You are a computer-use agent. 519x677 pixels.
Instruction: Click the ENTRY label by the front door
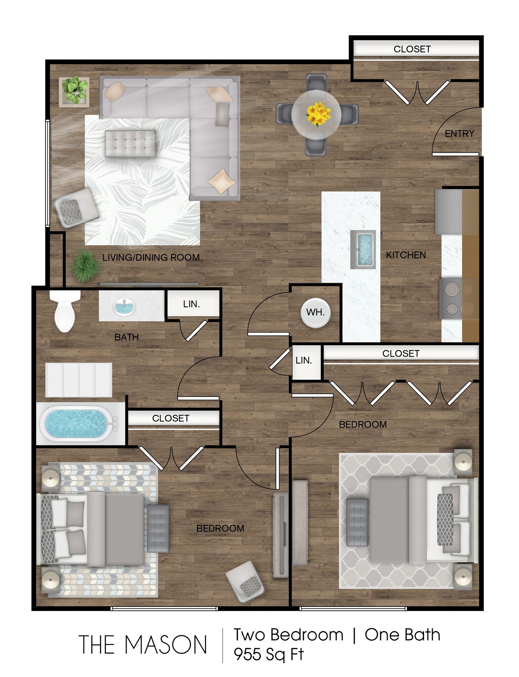tap(459, 134)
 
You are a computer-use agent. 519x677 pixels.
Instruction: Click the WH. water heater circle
tap(315, 312)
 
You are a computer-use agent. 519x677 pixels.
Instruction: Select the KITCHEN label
tap(406, 255)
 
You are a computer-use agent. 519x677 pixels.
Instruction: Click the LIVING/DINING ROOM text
tap(151, 258)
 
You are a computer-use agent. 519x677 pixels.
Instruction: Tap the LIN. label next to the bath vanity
tap(192, 304)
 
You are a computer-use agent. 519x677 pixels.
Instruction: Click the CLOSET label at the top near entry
tap(412, 49)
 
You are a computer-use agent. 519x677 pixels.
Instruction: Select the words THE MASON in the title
tap(143, 645)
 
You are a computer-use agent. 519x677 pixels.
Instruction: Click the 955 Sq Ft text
tap(269, 654)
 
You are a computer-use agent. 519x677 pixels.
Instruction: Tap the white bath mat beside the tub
tap(79, 380)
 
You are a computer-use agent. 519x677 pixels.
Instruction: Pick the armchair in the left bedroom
tap(246, 581)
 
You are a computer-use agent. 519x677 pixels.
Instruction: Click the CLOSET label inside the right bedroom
tap(401, 353)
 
